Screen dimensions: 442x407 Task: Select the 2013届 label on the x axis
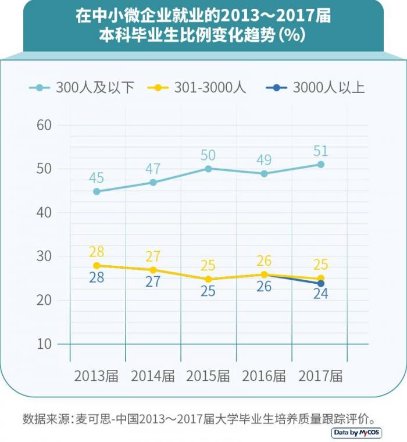point(96,376)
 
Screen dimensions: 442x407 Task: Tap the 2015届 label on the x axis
point(208,376)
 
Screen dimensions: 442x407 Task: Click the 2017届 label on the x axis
point(320,376)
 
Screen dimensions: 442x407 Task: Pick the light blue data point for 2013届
point(97,191)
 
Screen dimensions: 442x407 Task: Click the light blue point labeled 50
point(208,169)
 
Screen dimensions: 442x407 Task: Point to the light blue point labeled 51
point(320,165)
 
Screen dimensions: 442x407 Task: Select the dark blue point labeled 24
point(320,283)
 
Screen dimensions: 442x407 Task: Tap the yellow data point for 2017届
point(320,279)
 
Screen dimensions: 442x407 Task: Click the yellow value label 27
point(152,256)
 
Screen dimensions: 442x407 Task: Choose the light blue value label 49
point(265,160)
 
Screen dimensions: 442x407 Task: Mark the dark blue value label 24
point(320,294)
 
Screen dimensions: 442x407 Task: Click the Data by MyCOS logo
point(357,433)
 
